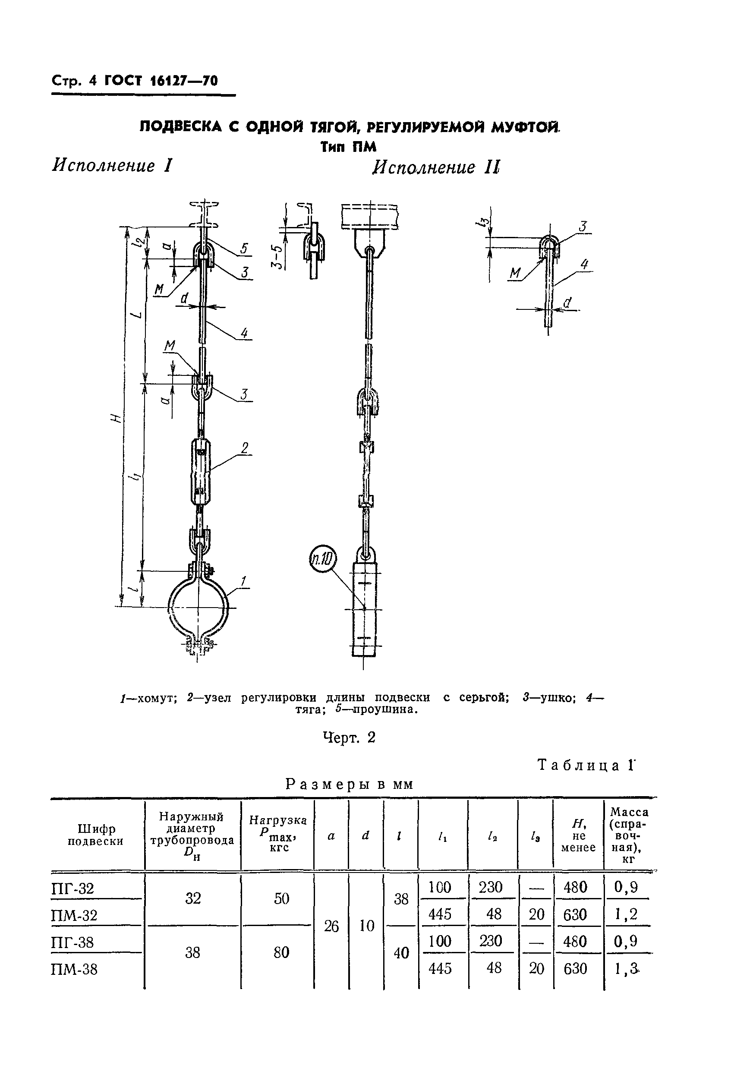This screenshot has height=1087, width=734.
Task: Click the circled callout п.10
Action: (323, 560)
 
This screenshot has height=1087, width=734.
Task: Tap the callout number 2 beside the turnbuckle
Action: (244, 448)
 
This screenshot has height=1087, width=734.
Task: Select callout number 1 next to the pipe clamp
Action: (243, 582)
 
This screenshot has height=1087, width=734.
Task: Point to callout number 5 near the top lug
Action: (244, 249)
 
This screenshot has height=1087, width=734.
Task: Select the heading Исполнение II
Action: (436, 167)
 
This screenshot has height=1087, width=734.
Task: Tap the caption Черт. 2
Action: (349, 737)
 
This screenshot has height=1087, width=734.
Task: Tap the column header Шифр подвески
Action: (95, 835)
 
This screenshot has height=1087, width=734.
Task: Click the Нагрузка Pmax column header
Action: (278, 834)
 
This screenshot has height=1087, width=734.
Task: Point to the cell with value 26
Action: (331, 926)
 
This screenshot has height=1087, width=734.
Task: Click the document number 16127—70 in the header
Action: (184, 81)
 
